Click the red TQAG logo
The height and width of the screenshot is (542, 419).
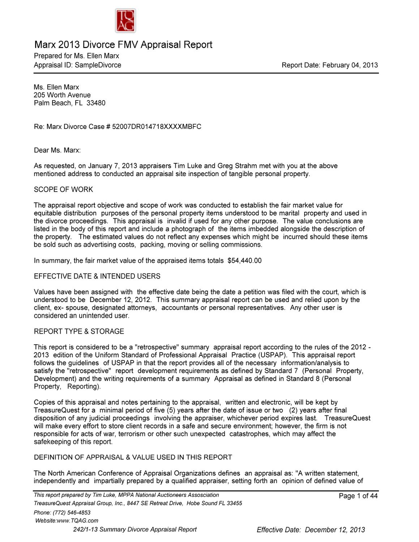click(x=125, y=21)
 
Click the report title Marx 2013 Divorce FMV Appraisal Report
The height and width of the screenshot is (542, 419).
click(x=123, y=45)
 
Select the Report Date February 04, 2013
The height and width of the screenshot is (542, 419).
click(x=329, y=65)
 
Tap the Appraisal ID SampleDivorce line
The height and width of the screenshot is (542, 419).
click(x=77, y=65)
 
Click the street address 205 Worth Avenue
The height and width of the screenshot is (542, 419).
click(x=62, y=95)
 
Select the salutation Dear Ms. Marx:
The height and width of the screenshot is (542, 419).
click(x=57, y=150)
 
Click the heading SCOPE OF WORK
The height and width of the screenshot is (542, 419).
click(x=63, y=189)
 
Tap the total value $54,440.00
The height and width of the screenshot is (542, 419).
click(x=244, y=260)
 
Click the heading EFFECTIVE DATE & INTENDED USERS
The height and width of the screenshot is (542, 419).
click(x=97, y=276)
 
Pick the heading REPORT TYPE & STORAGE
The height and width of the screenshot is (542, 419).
click(x=79, y=332)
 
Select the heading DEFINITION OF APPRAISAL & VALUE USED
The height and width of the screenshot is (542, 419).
click(x=133, y=457)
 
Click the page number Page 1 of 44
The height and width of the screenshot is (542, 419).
click(x=358, y=496)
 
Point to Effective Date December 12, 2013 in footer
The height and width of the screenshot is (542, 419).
click(x=311, y=530)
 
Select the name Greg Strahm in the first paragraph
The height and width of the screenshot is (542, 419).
click(x=237, y=166)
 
